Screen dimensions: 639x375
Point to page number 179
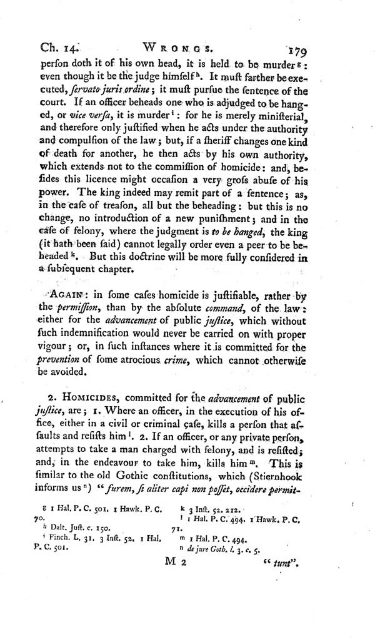[x=324, y=48]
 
